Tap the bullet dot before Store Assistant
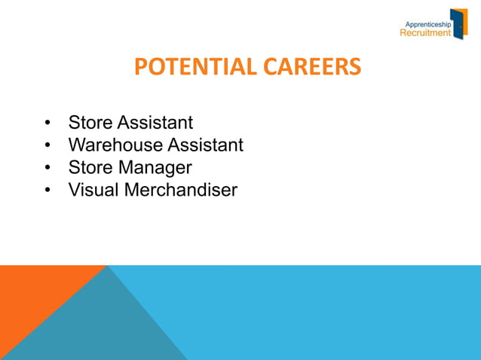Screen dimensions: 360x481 [47, 122]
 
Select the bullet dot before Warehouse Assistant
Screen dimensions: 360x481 [47, 145]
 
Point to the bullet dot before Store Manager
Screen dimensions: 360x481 [47, 167]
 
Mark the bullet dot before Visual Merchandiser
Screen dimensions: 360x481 [47, 190]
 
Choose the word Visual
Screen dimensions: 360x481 [93, 190]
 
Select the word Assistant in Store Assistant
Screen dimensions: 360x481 [154, 121]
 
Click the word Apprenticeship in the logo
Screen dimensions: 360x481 [427, 24]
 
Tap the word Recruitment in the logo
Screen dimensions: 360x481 [425, 33]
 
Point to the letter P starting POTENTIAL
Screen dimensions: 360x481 [140, 69]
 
